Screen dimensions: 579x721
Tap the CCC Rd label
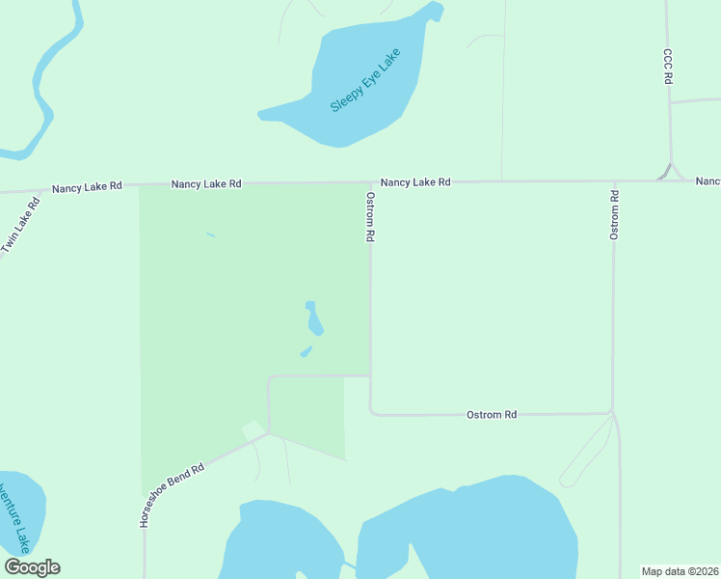(667, 67)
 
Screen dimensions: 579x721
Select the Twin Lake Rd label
(21, 226)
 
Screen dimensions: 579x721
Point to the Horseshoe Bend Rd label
(173, 495)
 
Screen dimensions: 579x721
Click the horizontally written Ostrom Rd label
(492, 414)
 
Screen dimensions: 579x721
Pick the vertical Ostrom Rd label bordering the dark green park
(369, 215)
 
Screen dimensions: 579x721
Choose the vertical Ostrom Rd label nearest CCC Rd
(614, 214)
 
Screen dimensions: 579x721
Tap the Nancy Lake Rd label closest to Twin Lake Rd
(87, 186)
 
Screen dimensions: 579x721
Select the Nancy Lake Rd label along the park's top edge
(206, 183)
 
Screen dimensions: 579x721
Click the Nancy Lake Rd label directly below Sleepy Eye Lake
(414, 181)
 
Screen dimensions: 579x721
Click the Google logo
(33, 567)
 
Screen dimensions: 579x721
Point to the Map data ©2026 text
(681, 571)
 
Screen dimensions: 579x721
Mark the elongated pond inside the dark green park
(313, 318)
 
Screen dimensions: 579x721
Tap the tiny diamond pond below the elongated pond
(306, 351)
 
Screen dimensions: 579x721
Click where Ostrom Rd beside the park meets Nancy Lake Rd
(370, 181)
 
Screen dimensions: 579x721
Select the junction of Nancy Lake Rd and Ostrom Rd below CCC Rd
(614, 180)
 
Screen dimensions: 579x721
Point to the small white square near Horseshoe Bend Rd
(253, 429)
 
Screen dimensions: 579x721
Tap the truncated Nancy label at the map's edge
(708, 181)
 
